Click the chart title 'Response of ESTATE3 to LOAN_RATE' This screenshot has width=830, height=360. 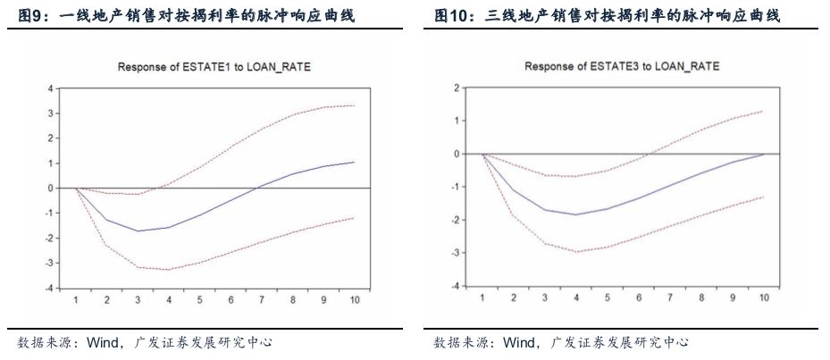(622, 67)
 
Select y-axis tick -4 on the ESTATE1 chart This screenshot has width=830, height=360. (49, 289)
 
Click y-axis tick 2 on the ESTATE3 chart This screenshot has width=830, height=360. (456, 88)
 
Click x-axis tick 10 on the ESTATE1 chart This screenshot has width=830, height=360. (353, 301)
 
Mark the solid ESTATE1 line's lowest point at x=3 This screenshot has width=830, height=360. (138, 230)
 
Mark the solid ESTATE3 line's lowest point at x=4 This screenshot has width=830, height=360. (576, 214)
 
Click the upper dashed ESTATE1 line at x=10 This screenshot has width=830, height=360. (353, 105)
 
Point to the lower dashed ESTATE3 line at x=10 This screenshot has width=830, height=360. (762, 197)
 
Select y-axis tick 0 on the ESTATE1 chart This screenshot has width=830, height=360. (51, 188)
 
